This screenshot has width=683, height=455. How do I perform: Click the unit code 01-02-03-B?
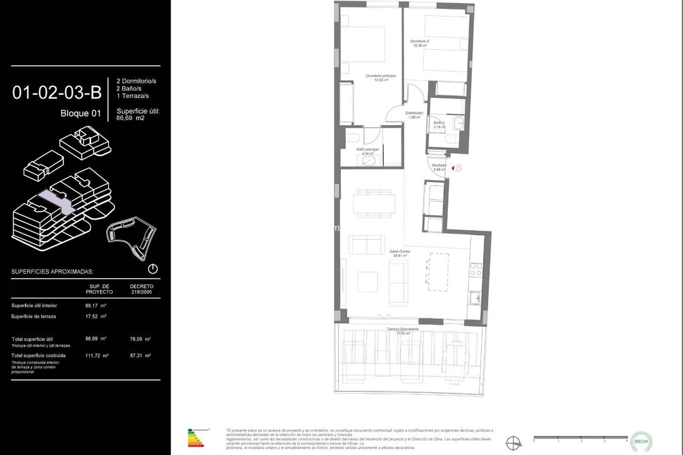pyautogui.click(x=57, y=92)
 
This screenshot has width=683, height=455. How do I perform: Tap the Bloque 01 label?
pyautogui.click(x=80, y=114)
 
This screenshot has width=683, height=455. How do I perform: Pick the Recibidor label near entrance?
pyautogui.click(x=439, y=167)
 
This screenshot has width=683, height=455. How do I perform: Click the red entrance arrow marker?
pyautogui.click(x=452, y=167)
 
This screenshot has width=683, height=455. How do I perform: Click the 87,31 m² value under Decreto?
pyautogui.click(x=140, y=356)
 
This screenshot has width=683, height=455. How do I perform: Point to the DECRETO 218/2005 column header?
pyautogui.click(x=141, y=289)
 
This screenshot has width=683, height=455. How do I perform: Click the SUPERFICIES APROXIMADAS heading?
pyautogui.click(x=52, y=272)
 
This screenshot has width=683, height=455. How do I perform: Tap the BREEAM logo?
pyautogui.click(x=641, y=440)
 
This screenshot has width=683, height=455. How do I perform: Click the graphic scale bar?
pyautogui.click(x=581, y=437)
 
